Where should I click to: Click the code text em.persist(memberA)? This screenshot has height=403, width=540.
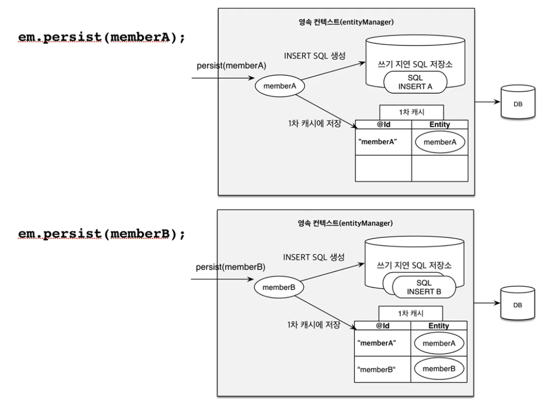point(102,37)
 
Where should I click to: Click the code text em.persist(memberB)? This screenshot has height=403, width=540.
point(102,234)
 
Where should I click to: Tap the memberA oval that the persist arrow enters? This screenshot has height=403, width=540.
point(279,86)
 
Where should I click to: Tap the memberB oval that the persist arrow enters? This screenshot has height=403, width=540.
point(278,287)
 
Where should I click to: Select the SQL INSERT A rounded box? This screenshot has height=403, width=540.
point(415,82)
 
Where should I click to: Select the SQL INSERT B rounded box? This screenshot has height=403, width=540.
point(424,287)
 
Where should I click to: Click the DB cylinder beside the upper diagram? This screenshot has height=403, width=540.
point(518,102)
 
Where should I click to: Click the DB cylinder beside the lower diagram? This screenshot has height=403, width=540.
point(518,303)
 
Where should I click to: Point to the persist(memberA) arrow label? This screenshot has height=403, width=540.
point(232,66)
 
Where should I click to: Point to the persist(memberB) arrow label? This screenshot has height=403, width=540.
point(231,267)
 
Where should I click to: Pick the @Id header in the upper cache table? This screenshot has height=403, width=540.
point(383,124)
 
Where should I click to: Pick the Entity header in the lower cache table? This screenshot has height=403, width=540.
point(439,326)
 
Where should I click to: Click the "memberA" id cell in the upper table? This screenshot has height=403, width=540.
point(383,142)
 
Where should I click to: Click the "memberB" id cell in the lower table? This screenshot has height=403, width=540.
point(382,369)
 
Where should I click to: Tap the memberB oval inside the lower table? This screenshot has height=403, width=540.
point(439,369)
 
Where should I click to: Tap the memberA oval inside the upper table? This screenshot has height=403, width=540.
point(440,142)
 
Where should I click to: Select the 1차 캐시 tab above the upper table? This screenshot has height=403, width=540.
point(412,113)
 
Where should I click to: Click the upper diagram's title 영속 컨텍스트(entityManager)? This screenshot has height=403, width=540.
point(346,22)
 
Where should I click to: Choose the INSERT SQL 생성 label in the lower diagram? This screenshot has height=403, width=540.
point(314,257)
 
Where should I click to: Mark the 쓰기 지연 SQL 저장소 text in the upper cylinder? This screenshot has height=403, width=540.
point(415,64)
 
